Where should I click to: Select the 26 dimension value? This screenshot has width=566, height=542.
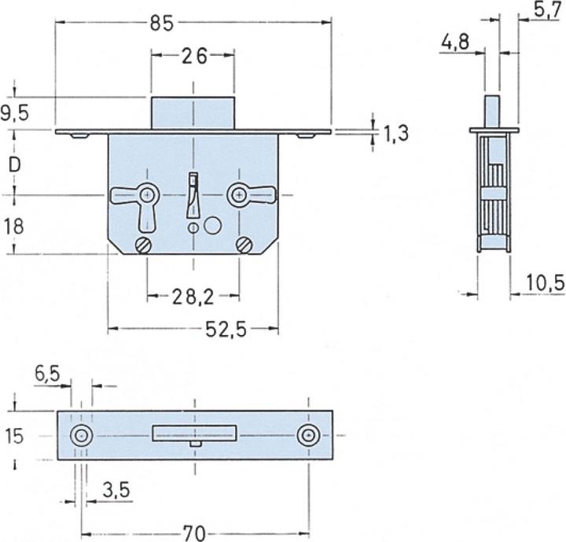tap(193, 56)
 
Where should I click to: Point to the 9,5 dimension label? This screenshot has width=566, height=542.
tap(15, 113)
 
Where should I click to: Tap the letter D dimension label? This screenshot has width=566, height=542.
tap(14, 164)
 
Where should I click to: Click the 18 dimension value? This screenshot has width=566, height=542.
tap(14, 227)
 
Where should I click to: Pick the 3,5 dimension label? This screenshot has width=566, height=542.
tap(116, 491)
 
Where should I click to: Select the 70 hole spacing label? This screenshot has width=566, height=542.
tap(193, 533)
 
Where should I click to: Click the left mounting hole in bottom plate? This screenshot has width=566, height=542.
tap(80, 436)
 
